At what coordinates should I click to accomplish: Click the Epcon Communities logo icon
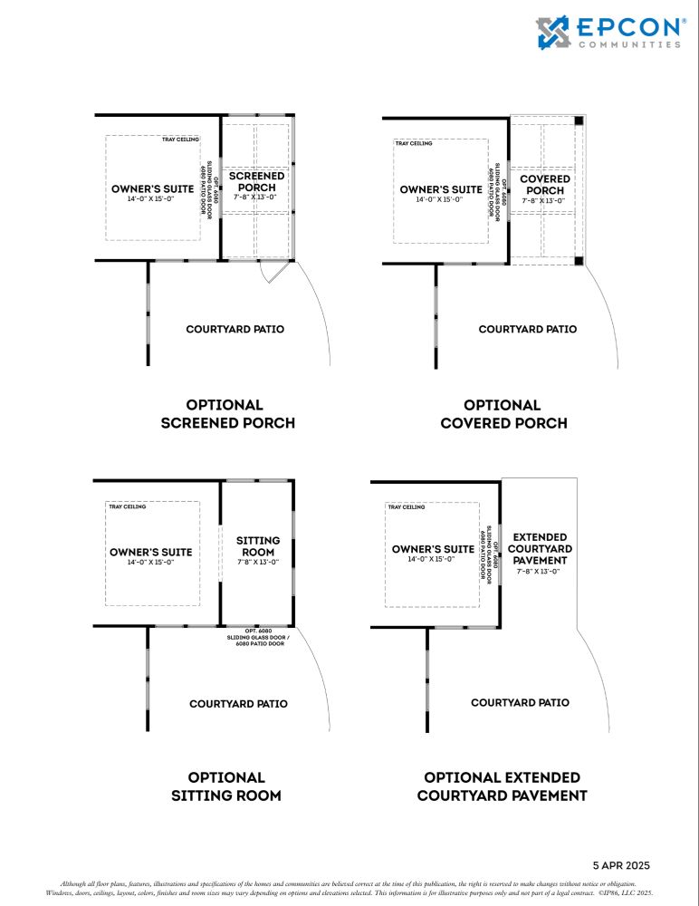(x=554, y=32)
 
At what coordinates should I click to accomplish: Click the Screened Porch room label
(x=256, y=181)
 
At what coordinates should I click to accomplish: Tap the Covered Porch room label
(x=545, y=185)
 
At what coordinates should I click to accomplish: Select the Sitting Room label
(x=258, y=546)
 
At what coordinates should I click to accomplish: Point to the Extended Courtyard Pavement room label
(x=541, y=549)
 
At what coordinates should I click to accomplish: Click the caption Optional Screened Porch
(x=227, y=414)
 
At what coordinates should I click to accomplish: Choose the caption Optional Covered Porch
(x=503, y=414)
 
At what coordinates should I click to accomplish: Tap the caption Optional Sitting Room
(x=226, y=786)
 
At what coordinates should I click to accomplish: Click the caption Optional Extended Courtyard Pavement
(x=502, y=786)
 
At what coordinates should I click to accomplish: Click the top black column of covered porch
(x=579, y=120)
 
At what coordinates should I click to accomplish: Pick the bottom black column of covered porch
(x=579, y=261)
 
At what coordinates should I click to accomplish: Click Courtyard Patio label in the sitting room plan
(x=238, y=703)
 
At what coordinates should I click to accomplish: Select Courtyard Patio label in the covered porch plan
(x=527, y=329)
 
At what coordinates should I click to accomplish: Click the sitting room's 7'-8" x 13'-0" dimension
(x=258, y=562)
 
